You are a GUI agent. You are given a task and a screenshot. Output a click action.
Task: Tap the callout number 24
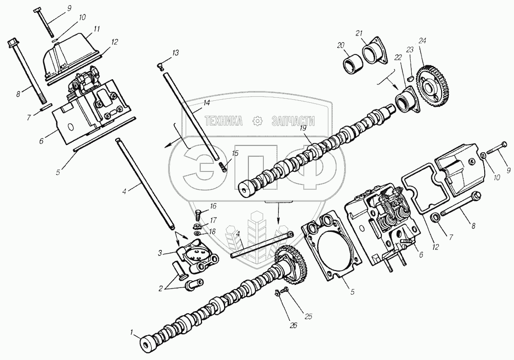coord(423,41)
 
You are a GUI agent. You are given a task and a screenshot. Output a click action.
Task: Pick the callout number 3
coord(160,253)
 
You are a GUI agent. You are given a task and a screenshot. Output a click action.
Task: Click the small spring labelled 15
coord(222,167)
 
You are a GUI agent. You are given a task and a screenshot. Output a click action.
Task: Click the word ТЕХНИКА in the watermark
coord(225,121)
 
